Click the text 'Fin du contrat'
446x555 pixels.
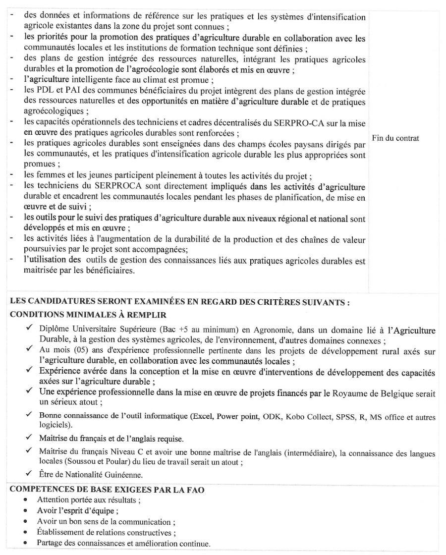(x=395, y=138)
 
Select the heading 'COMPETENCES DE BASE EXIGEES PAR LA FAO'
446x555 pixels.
(x=108, y=489)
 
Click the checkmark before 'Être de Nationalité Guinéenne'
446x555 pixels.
(x=30, y=474)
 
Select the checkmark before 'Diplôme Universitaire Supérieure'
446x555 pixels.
(x=30, y=330)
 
